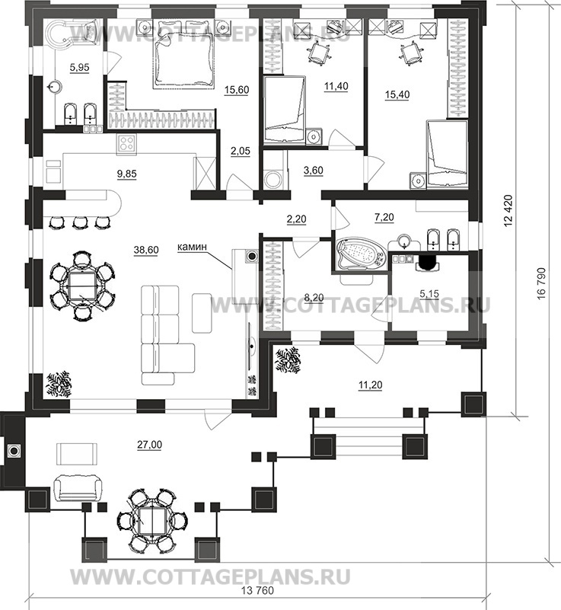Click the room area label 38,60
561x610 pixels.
coord(146,250)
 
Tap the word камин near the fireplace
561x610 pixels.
coord(192,247)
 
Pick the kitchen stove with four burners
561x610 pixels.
coord(126,143)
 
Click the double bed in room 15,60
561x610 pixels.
coord(183,59)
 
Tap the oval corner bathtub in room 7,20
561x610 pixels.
coord(360,254)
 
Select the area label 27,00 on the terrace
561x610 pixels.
coord(150,444)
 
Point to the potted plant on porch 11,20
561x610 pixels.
coord(288,361)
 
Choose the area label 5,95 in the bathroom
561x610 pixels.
coord(79,68)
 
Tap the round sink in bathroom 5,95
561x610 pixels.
coord(55,87)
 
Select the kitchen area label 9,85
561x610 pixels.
coord(127,174)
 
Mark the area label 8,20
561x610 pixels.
coord(314,298)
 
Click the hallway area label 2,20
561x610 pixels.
coord(296,219)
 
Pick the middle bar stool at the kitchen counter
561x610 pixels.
coord(80,222)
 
